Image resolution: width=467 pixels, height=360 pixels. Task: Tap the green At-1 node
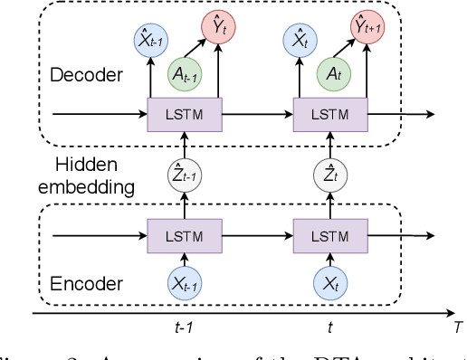click(185, 75)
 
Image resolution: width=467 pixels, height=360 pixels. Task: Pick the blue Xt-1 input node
click(185, 283)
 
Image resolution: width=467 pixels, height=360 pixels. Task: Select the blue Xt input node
click(331, 283)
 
